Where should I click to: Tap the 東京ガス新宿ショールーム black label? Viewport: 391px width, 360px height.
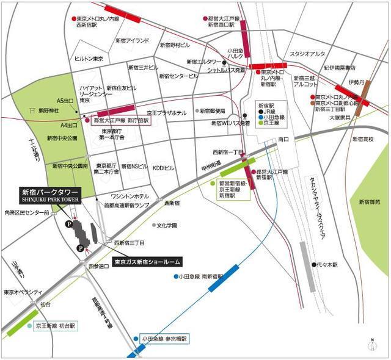pyautogui.click(x=147, y=262)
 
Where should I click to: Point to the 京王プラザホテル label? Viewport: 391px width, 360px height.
pyautogui.click(x=166, y=113)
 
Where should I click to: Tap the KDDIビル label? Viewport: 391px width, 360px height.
pyautogui.click(x=164, y=167)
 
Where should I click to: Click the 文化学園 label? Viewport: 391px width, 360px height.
pyautogui.click(x=166, y=226)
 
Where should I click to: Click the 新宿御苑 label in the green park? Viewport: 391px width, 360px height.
pyautogui.click(x=369, y=201)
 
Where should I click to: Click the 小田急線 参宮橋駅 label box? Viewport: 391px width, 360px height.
pyautogui.click(x=164, y=339)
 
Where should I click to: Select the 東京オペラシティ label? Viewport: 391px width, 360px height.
pyautogui.click(x=21, y=292)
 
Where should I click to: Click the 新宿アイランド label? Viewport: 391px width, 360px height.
pyautogui.click(x=133, y=40)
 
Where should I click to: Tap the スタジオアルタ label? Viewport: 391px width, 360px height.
pyautogui.click(x=307, y=54)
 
